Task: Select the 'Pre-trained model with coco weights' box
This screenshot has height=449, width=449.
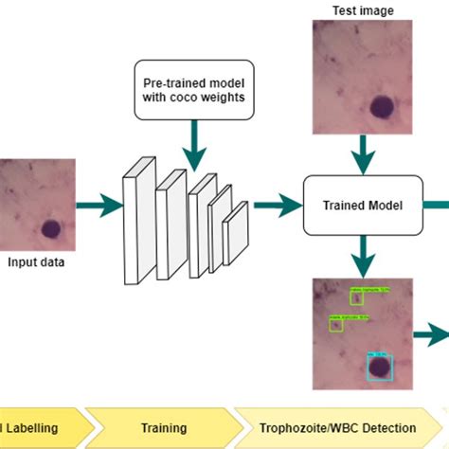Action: click(193, 96)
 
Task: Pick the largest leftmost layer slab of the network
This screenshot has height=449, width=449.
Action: click(137, 218)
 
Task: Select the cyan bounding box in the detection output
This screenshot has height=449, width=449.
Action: click(379, 367)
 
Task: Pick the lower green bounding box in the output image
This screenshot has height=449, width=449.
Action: click(335, 324)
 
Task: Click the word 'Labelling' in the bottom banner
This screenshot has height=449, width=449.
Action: click(33, 428)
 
